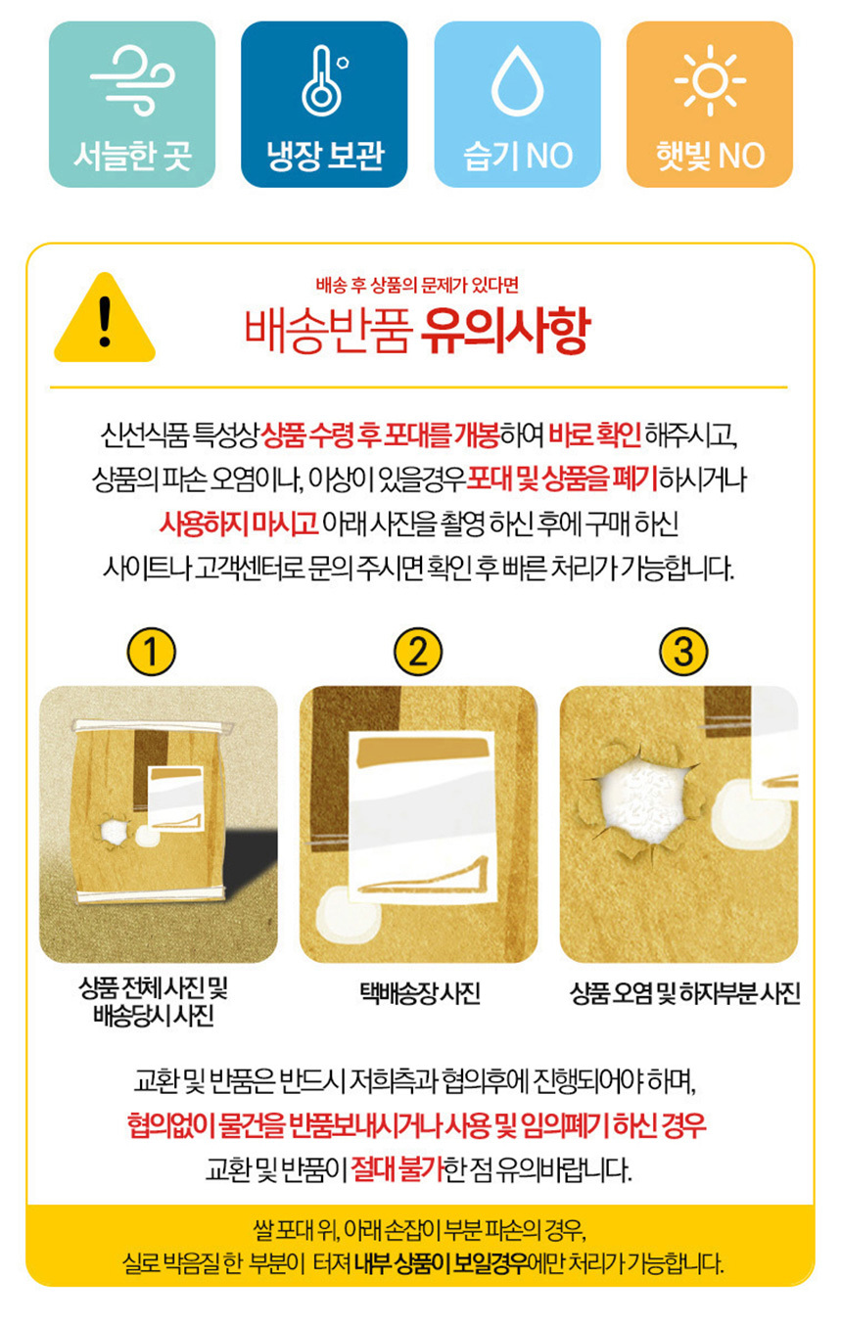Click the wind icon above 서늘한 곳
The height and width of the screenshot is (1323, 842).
pos(133,79)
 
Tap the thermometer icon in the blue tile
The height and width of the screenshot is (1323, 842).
pos(323,80)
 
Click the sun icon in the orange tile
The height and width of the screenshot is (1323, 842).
pos(710,80)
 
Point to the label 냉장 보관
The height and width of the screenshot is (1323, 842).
pos(325,156)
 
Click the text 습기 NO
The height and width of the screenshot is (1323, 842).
pos(518,156)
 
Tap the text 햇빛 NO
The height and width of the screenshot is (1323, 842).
pos(710,156)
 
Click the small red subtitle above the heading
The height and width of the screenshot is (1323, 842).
pos(417,286)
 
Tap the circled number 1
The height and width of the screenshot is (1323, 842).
pos(151,652)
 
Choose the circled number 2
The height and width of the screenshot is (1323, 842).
pos(418,652)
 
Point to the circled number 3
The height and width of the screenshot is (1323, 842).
pos(683,652)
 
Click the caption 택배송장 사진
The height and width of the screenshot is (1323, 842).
pos(419,993)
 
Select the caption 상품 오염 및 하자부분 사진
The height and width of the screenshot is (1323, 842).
pos(684,993)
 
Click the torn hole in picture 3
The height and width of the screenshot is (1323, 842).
pos(641,799)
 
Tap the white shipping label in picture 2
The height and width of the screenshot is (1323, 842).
pos(422,818)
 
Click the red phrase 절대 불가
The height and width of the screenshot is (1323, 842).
pos(398,1168)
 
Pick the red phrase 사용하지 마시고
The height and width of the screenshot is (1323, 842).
pos(239,524)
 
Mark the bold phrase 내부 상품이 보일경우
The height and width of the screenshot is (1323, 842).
pos(441,1263)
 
